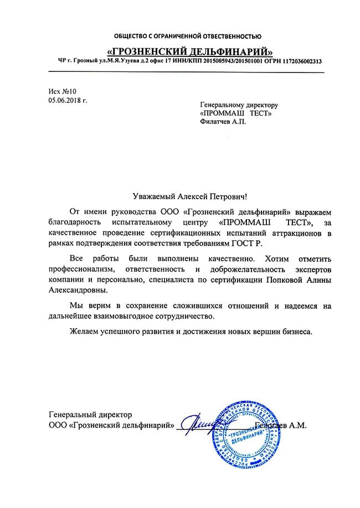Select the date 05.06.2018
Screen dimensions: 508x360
[65, 101]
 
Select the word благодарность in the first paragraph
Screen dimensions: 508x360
[76, 222]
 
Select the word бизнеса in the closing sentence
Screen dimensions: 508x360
[297, 333]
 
